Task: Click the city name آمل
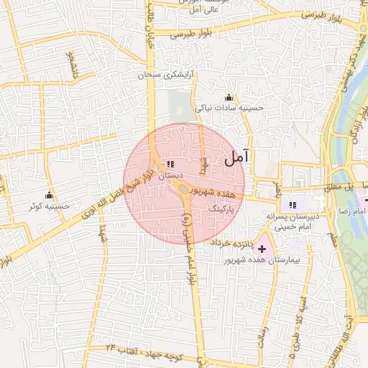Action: coord(236,158)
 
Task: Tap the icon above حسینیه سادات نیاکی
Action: coord(229,98)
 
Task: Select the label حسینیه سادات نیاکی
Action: coord(231,108)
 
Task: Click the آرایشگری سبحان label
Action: coord(170,74)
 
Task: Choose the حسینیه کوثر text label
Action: coord(50,206)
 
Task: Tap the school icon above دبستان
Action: coord(170,165)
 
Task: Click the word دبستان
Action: coord(170,175)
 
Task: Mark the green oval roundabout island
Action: coord(184,190)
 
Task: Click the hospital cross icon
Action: coord(261,248)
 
